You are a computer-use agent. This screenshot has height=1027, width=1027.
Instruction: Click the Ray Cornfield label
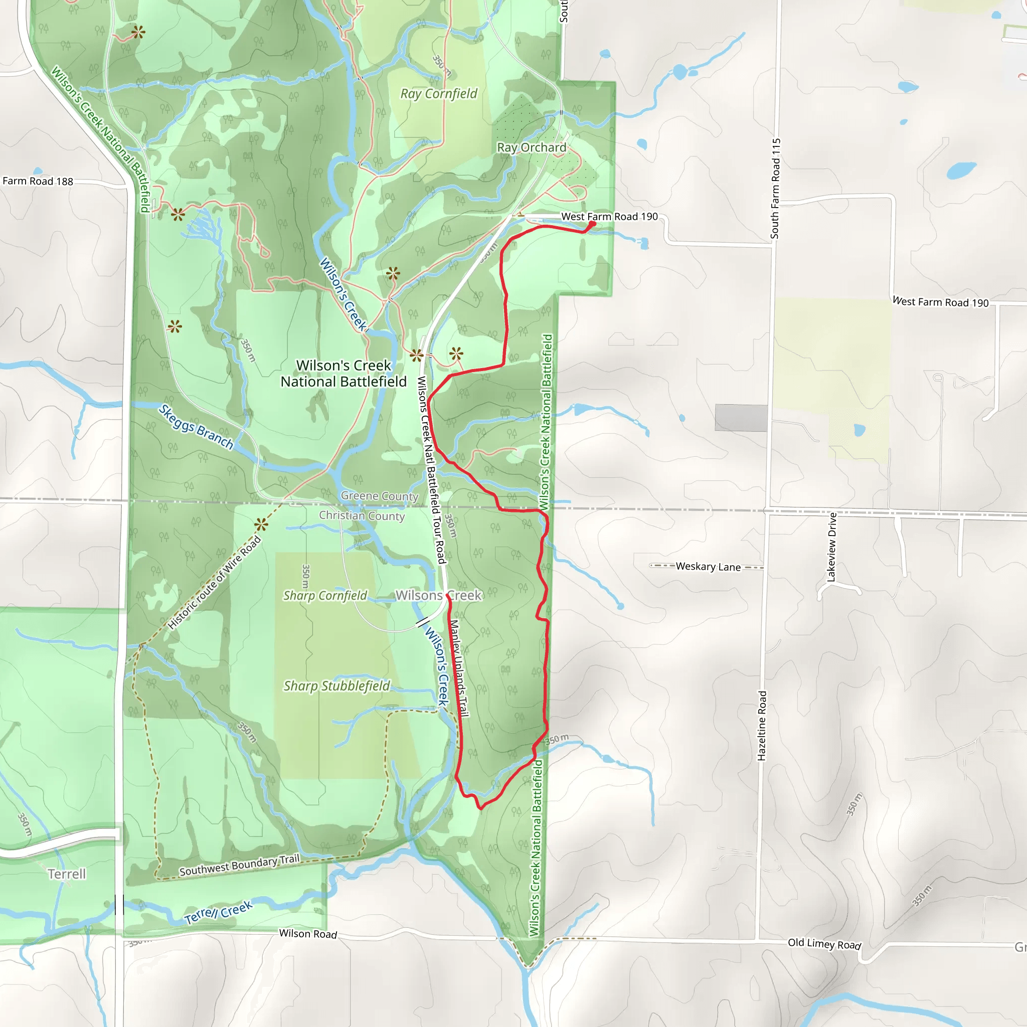coord(439,94)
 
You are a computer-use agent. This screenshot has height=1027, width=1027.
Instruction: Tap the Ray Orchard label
coord(532,147)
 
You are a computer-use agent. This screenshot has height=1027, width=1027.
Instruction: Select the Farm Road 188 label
coord(38,181)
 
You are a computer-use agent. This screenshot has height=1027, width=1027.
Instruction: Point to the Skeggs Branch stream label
coord(196,427)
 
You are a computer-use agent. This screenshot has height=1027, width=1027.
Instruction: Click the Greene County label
coord(380,496)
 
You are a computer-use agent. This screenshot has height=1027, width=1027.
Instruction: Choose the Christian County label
coord(362,516)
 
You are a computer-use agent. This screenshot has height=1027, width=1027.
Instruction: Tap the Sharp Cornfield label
coord(325,595)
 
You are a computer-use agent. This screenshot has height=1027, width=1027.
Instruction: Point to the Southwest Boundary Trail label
coord(239,866)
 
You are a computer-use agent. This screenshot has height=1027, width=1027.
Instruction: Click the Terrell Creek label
coord(219,912)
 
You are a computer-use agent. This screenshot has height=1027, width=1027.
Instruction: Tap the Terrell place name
coord(67,874)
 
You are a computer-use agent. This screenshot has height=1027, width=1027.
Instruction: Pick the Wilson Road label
coord(308,934)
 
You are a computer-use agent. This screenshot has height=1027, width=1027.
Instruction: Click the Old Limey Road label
coord(824,944)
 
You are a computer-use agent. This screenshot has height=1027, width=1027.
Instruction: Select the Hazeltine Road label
coord(762,726)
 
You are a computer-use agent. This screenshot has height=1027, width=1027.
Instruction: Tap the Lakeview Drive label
coord(832,547)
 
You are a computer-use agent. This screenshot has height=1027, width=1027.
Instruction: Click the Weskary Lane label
coord(708,567)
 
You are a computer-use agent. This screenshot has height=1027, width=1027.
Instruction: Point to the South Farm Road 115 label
coord(776,189)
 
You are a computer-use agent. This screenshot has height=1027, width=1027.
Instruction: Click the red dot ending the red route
coord(592,224)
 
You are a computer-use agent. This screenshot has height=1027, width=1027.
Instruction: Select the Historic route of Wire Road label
coord(214,583)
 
